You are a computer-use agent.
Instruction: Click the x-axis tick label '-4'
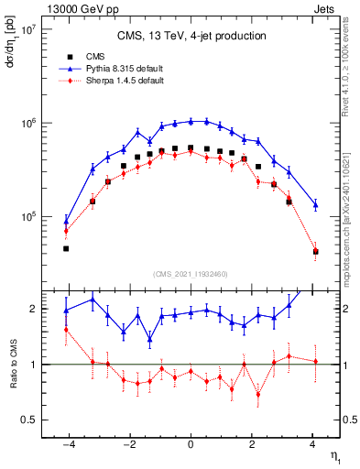coord(66,443)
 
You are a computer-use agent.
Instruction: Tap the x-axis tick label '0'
coord(191,443)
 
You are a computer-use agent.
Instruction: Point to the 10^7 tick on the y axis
coord(27,29)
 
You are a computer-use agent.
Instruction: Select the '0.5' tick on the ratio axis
coord(30,420)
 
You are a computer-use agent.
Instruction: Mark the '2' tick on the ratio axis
coord(36,309)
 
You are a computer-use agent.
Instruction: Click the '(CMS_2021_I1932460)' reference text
coord(191,274)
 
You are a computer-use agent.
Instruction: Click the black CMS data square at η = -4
coord(66,248)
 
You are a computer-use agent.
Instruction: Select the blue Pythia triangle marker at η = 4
coord(315,204)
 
